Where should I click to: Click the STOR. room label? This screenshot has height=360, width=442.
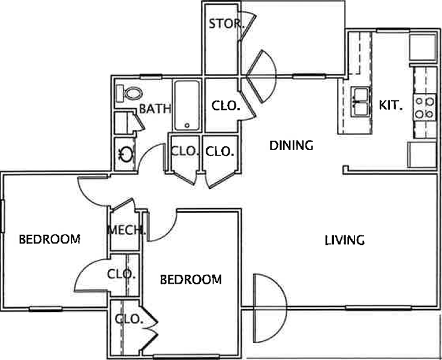[226, 23]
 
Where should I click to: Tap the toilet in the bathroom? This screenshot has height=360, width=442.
[130, 94]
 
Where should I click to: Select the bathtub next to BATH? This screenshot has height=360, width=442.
[187, 106]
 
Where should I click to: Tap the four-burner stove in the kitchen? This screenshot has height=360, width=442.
[425, 107]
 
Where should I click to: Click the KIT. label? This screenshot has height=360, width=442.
[390, 106]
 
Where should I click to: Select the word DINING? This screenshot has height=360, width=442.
[291, 145]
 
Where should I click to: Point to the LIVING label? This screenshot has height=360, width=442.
[345, 240]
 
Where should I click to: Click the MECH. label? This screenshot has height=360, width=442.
[127, 230]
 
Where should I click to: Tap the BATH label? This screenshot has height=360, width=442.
[155, 109]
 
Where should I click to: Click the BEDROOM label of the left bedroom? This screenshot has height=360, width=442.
[50, 239]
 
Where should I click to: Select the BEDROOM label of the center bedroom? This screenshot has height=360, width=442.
[191, 280]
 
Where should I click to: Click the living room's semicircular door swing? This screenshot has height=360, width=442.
[287, 308]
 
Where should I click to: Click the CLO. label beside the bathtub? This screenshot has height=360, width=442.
[225, 106]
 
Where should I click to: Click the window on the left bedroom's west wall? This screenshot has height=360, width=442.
[2, 216]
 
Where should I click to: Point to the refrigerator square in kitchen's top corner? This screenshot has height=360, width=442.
[423, 47]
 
